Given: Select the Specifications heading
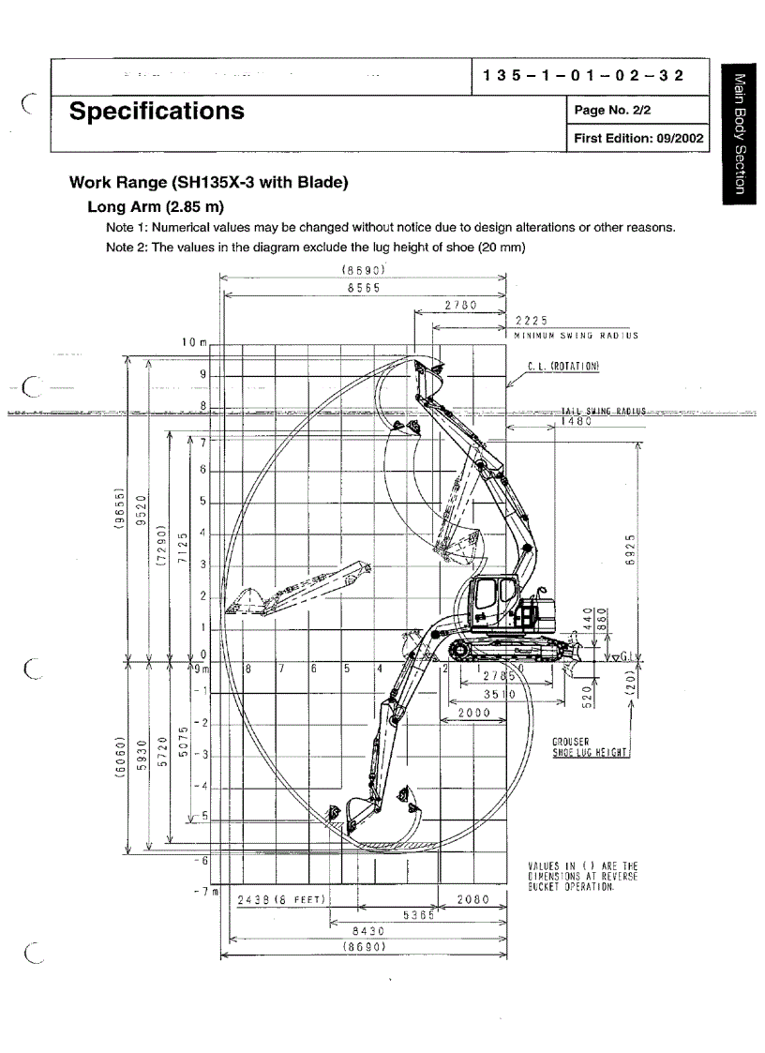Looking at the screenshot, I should coord(157,112).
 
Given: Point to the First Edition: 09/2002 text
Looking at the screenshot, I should coord(637,138).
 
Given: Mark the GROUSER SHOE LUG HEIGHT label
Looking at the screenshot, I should coord(591,746).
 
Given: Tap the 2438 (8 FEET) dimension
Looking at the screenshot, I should coord(281,899).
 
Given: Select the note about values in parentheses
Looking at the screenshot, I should coord(582,876).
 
